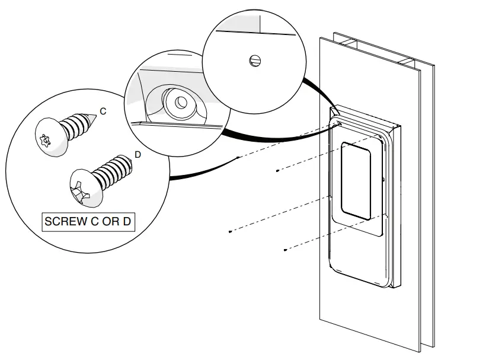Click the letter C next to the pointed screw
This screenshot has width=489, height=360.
103,111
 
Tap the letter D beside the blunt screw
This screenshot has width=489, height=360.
138,155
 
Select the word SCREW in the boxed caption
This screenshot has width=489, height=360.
65,222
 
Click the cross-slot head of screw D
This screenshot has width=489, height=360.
83,189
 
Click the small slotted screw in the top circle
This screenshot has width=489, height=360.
254,60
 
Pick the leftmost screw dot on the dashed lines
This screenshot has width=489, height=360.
229,231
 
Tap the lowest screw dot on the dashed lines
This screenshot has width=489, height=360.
285,250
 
